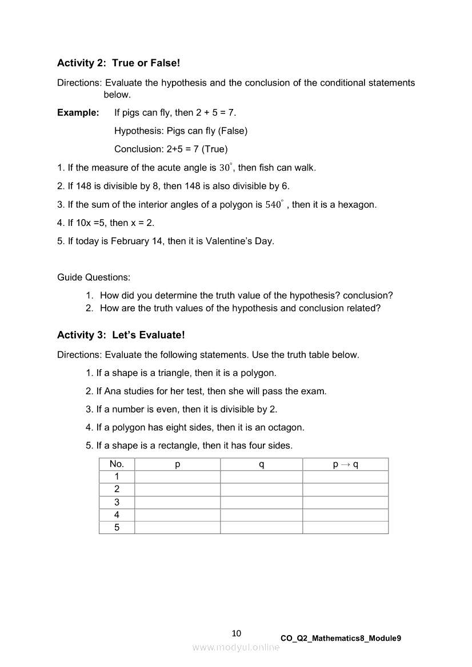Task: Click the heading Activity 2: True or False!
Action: tap(118, 63)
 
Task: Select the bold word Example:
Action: tap(78, 112)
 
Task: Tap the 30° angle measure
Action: tap(226, 168)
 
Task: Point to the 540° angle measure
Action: tap(275, 204)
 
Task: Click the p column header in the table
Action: tap(177, 464)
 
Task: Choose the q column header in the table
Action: tap(261, 464)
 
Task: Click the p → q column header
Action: tap(345, 464)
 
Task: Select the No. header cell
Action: tap(117, 464)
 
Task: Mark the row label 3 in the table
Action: tap(117, 502)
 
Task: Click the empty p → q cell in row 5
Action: tap(345, 527)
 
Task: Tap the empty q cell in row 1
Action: tap(261, 476)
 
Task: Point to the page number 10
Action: tap(237, 633)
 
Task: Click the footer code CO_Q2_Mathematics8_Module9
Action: tap(341, 638)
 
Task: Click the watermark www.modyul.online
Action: tap(236, 647)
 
